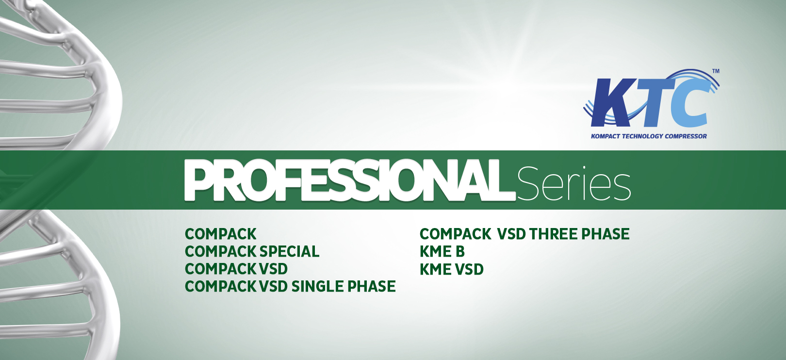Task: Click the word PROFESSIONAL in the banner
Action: (350, 180)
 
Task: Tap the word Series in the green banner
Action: (573, 183)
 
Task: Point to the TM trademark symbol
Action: (716, 71)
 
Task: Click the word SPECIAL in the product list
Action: (289, 252)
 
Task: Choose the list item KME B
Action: (442, 252)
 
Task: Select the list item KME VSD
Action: (452, 269)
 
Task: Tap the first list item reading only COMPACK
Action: (221, 234)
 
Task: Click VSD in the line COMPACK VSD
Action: (273, 269)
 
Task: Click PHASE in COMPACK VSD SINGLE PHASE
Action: (372, 286)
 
